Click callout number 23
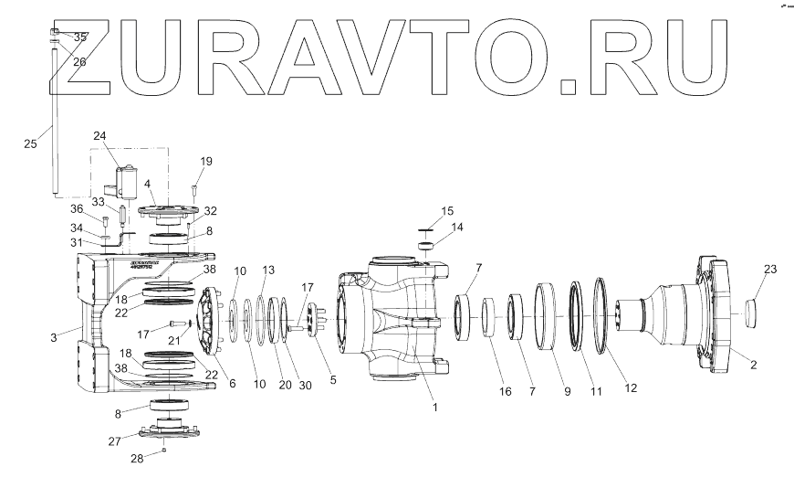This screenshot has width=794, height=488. (770, 269)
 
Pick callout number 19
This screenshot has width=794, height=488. (206, 162)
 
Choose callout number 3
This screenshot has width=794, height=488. (54, 338)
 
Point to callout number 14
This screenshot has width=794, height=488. (457, 227)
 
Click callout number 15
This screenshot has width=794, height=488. (447, 211)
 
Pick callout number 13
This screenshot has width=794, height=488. (268, 271)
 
